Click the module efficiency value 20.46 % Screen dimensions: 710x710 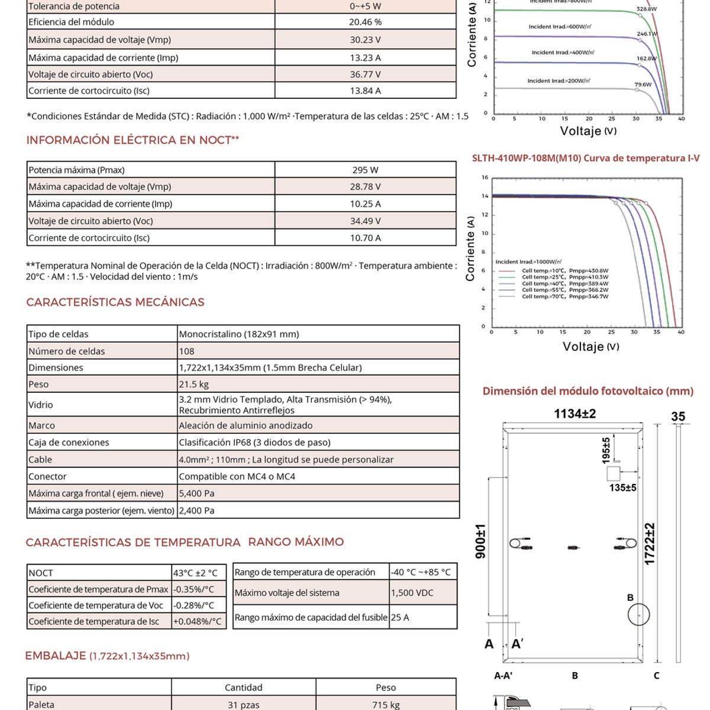point(365,22)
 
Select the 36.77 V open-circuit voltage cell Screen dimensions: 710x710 point(365,75)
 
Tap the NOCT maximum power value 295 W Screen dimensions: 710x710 point(365,170)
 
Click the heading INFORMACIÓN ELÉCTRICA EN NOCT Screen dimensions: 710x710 point(133,140)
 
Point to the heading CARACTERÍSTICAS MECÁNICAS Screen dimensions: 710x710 point(115,302)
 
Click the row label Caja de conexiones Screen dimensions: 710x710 point(69,443)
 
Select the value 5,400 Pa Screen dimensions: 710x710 point(197,493)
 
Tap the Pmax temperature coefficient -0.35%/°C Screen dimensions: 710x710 point(193,589)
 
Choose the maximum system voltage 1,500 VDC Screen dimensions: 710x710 point(412,593)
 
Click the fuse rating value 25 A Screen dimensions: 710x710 point(400,617)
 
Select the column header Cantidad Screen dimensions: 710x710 point(243,688)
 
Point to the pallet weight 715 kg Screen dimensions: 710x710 point(386,705)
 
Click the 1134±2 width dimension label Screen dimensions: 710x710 point(575,414)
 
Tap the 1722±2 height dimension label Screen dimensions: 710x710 point(650,543)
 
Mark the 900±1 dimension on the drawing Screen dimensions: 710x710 point(480,541)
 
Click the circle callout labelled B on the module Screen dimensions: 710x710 point(639,615)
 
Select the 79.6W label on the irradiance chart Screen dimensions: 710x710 point(643,85)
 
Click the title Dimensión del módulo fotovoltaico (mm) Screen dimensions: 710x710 point(588,391)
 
